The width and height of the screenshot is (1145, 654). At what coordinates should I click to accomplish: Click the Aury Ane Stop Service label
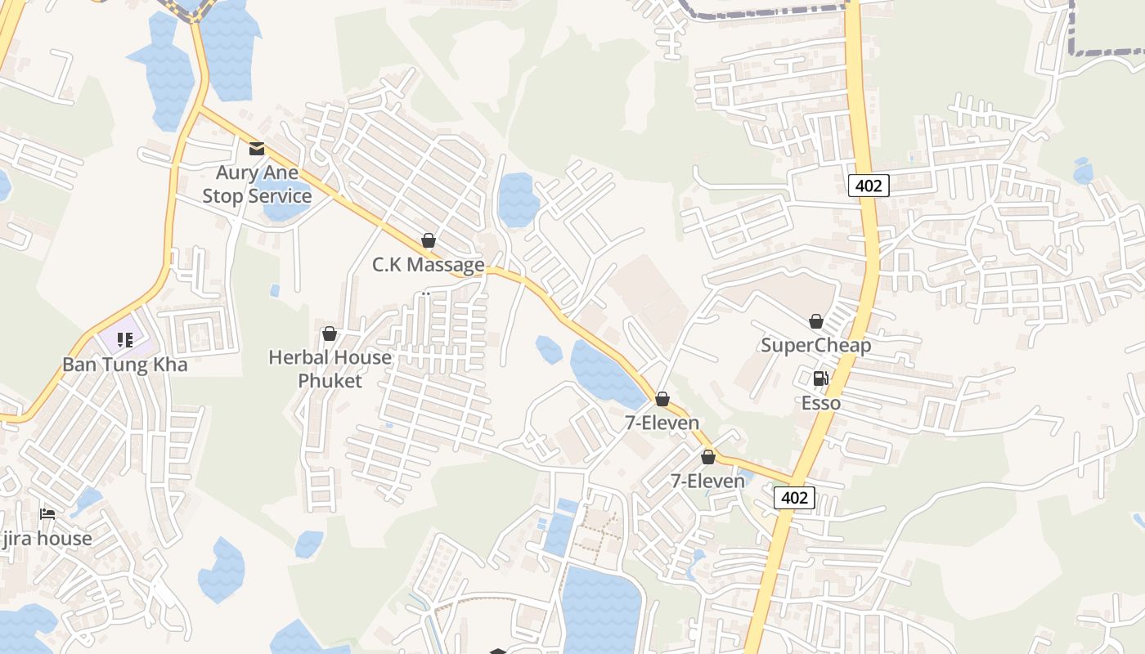(257, 185)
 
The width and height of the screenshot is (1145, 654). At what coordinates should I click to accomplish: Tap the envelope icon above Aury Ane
(257, 148)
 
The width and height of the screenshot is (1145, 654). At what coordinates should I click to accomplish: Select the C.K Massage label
(428, 265)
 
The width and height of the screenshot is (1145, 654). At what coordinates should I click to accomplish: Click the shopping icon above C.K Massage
(428, 240)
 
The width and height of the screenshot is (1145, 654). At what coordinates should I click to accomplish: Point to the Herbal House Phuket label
(330, 369)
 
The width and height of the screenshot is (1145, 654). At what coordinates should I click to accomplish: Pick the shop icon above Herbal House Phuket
(330, 334)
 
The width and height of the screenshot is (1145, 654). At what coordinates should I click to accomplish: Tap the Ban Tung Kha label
(125, 365)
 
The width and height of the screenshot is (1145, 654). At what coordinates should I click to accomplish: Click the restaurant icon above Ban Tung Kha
(124, 339)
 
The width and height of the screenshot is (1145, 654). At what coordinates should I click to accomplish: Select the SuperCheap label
(815, 345)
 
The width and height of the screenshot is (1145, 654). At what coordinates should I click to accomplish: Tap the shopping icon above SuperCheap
(815, 321)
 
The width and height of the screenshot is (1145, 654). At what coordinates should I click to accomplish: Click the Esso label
(820, 403)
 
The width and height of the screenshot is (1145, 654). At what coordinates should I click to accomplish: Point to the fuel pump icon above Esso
(820, 379)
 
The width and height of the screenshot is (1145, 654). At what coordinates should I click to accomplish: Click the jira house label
(47, 539)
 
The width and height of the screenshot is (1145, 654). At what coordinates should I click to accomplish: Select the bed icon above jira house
(47, 514)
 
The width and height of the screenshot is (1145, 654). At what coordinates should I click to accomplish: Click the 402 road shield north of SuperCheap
(868, 186)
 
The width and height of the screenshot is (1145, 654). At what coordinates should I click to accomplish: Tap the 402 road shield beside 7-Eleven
(794, 498)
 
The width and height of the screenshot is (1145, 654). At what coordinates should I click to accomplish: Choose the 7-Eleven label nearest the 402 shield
(707, 482)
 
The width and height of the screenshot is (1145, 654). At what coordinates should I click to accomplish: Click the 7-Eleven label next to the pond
(662, 423)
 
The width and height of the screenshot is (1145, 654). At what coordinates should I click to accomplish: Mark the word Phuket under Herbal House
(330, 381)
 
